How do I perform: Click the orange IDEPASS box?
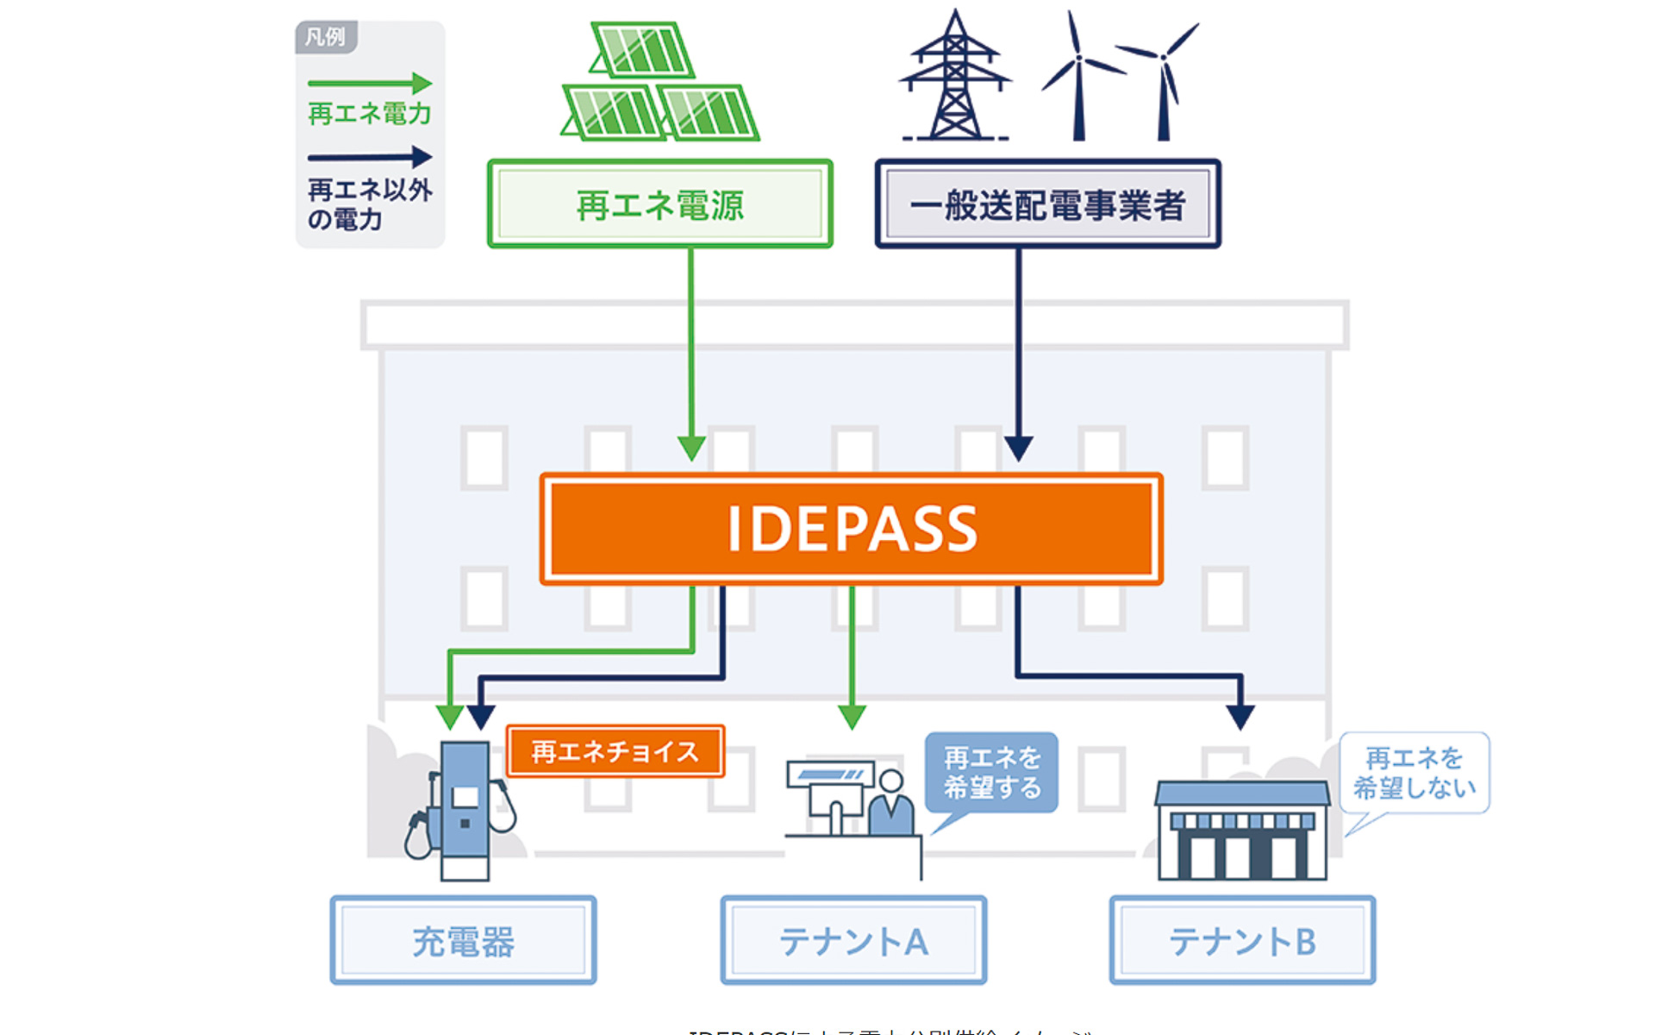click(851, 529)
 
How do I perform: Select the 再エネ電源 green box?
click(659, 204)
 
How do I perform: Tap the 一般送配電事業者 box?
click(1047, 204)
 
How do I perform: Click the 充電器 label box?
click(463, 940)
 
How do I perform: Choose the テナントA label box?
click(853, 940)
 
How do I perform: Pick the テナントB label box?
click(1242, 940)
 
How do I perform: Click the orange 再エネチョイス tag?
click(615, 751)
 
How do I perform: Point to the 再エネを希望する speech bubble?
click(991, 773)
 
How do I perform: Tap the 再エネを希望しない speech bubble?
click(1414, 773)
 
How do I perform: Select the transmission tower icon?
click(954, 78)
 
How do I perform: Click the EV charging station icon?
click(463, 811)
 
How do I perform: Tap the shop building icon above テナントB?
click(1241, 831)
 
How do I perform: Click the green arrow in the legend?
click(370, 83)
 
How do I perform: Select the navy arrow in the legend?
click(370, 157)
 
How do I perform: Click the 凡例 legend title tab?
click(325, 37)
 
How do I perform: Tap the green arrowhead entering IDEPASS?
click(691, 448)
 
